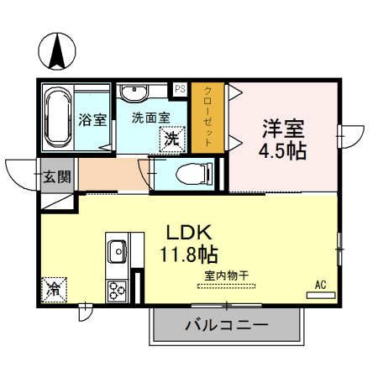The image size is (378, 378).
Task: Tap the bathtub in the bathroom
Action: click(x=58, y=117)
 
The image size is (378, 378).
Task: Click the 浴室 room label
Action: click(x=93, y=118)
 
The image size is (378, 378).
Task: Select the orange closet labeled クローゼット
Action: click(x=207, y=117)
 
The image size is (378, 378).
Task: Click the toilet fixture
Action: click(x=191, y=174)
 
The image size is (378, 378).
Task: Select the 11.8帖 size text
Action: click(x=195, y=253)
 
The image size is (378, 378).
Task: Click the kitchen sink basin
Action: click(x=117, y=249)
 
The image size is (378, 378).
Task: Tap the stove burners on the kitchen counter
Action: click(x=116, y=289)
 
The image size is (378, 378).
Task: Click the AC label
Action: click(x=319, y=286)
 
